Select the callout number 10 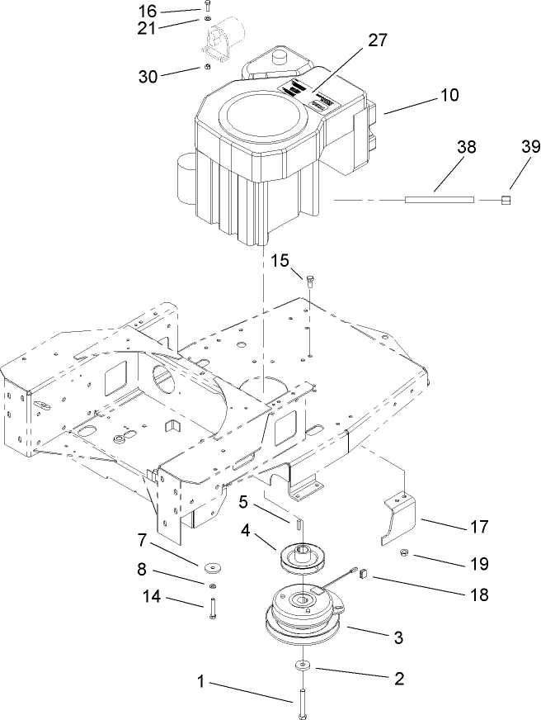click(450, 95)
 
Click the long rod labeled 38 click(439, 199)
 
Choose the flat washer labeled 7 click(212, 567)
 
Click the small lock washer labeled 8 click(212, 586)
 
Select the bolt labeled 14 click(212, 609)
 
